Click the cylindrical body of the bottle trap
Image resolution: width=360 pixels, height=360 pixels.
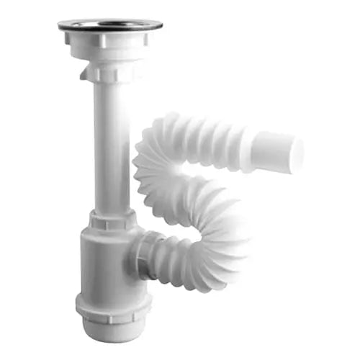(x=104, y=266)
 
